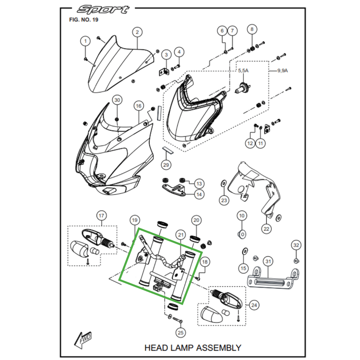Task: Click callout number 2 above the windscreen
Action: pyautogui.click(x=137, y=32)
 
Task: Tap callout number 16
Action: pyautogui.click(x=139, y=106)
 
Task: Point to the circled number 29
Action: pyautogui.click(x=166, y=165)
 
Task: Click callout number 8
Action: pyautogui.click(x=252, y=30)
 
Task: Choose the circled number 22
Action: pyautogui.click(x=266, y=228)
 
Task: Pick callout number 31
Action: pyautogui.click(x=268, y=261)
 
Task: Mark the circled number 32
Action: pyautogui.click(x=296, y=245)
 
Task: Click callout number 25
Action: pyautogui.click(x=181, y=333)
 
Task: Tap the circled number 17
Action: pyautogui.click(x=101, y=216)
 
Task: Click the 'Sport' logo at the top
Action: pyautogui.click(x=103, y=9)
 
